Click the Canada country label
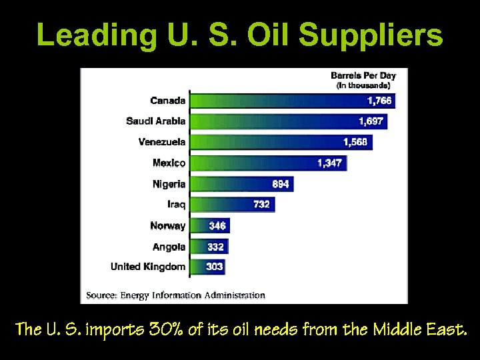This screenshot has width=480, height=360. (167, 101)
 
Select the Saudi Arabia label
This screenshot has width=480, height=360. (155, 121)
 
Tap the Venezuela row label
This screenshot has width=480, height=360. (162, 142)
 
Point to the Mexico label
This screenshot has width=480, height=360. (169, 163)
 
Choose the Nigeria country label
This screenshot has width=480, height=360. (169, 184)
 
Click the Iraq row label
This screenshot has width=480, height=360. (176, 204)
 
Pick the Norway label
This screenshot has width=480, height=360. (167, 226)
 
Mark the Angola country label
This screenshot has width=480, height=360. (169, 247)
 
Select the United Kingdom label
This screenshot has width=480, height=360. (148, 267)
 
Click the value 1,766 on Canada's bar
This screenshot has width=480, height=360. (380, 101)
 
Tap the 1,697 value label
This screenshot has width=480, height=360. (371, 121)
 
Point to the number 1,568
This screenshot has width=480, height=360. (355, 142)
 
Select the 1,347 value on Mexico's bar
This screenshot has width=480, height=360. (329, 163)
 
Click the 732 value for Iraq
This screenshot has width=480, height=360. (261, 205)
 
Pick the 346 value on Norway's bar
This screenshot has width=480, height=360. (217, 226)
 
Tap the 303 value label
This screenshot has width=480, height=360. (215, 267)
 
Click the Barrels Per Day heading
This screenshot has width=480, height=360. (363, 76)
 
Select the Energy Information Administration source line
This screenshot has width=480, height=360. (176, 295)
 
